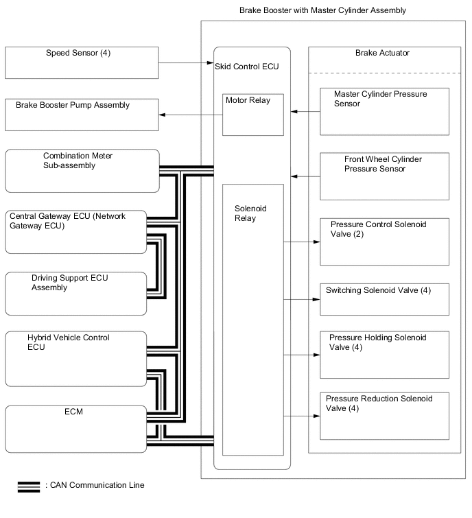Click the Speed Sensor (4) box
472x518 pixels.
(81, 62)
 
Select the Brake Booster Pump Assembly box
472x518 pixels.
(81, 115)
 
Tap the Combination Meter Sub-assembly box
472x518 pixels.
(81, 170)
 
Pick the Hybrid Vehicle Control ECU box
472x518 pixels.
(75, 358)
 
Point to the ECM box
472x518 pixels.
(75, 428)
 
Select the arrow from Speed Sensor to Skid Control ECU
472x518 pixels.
(185, 62)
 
